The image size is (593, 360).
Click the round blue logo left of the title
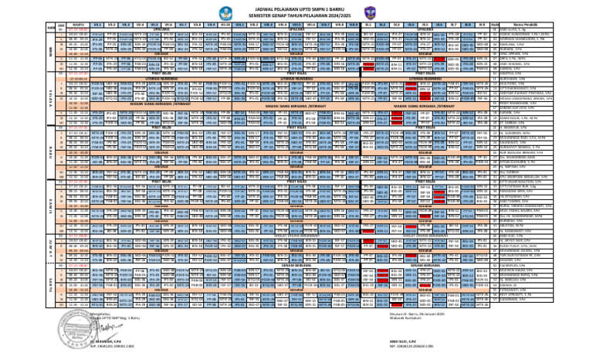tap(210, 11)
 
